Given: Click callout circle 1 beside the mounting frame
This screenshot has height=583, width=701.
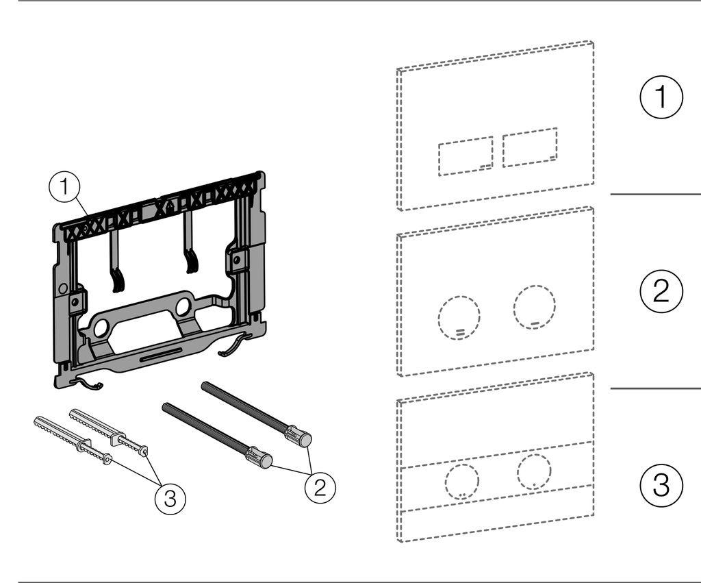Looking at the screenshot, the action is pos(64,186).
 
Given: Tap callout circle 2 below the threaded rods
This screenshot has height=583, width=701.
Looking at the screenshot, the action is pos(320,487).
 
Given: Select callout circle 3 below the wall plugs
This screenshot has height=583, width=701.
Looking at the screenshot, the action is pos(170,498).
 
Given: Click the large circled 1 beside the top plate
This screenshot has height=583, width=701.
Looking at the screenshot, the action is pos(661,97).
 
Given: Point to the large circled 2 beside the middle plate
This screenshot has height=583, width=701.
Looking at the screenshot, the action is pos(661,291).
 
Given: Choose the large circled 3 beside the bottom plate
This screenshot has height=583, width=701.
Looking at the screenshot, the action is pos(661,485).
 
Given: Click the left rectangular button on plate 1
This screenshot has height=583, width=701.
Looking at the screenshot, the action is pos(466,156).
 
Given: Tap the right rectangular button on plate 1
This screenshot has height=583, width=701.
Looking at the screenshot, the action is pos(530,148).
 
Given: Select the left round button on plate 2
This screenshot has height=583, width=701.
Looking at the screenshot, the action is pos(459,317).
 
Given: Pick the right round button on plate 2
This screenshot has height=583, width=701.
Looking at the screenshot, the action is pos(534,307).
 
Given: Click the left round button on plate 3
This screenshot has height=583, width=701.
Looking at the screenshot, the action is pos(462,482).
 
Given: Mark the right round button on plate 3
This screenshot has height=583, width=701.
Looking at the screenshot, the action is pos(534,471).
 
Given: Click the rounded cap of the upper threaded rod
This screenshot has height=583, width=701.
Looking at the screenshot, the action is pos(305,439).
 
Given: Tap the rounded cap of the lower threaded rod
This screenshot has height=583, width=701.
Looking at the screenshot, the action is pos(266,461).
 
